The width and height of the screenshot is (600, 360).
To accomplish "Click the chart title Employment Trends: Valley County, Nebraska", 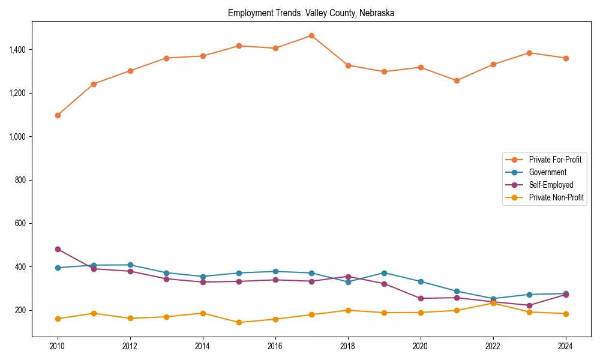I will coord(311,13).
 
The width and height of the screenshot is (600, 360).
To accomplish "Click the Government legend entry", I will coord(547,172).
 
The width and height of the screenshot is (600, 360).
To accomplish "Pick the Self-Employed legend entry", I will coord(551,185).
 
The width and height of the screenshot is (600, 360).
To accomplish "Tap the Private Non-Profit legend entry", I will coord(556,197).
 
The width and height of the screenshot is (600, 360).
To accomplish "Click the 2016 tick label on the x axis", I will coord(275,346).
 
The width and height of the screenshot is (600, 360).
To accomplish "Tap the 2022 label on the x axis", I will coord(493,346).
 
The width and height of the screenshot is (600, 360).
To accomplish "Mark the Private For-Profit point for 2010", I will coord(58,115).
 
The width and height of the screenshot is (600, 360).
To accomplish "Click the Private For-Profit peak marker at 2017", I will coord(311,35).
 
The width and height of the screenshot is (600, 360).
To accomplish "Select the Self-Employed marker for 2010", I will coord(58,249).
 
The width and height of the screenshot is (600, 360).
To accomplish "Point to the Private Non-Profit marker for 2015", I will coord(239,322).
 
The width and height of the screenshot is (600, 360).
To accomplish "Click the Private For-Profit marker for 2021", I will coord(457,80).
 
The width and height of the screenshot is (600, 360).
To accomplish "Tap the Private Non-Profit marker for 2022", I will coord(493,303).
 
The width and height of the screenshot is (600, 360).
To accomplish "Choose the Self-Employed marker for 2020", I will coord(421,298).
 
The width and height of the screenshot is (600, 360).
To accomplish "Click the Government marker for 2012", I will coord(130,265).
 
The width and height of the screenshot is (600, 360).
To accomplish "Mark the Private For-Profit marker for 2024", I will coord(566,58).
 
